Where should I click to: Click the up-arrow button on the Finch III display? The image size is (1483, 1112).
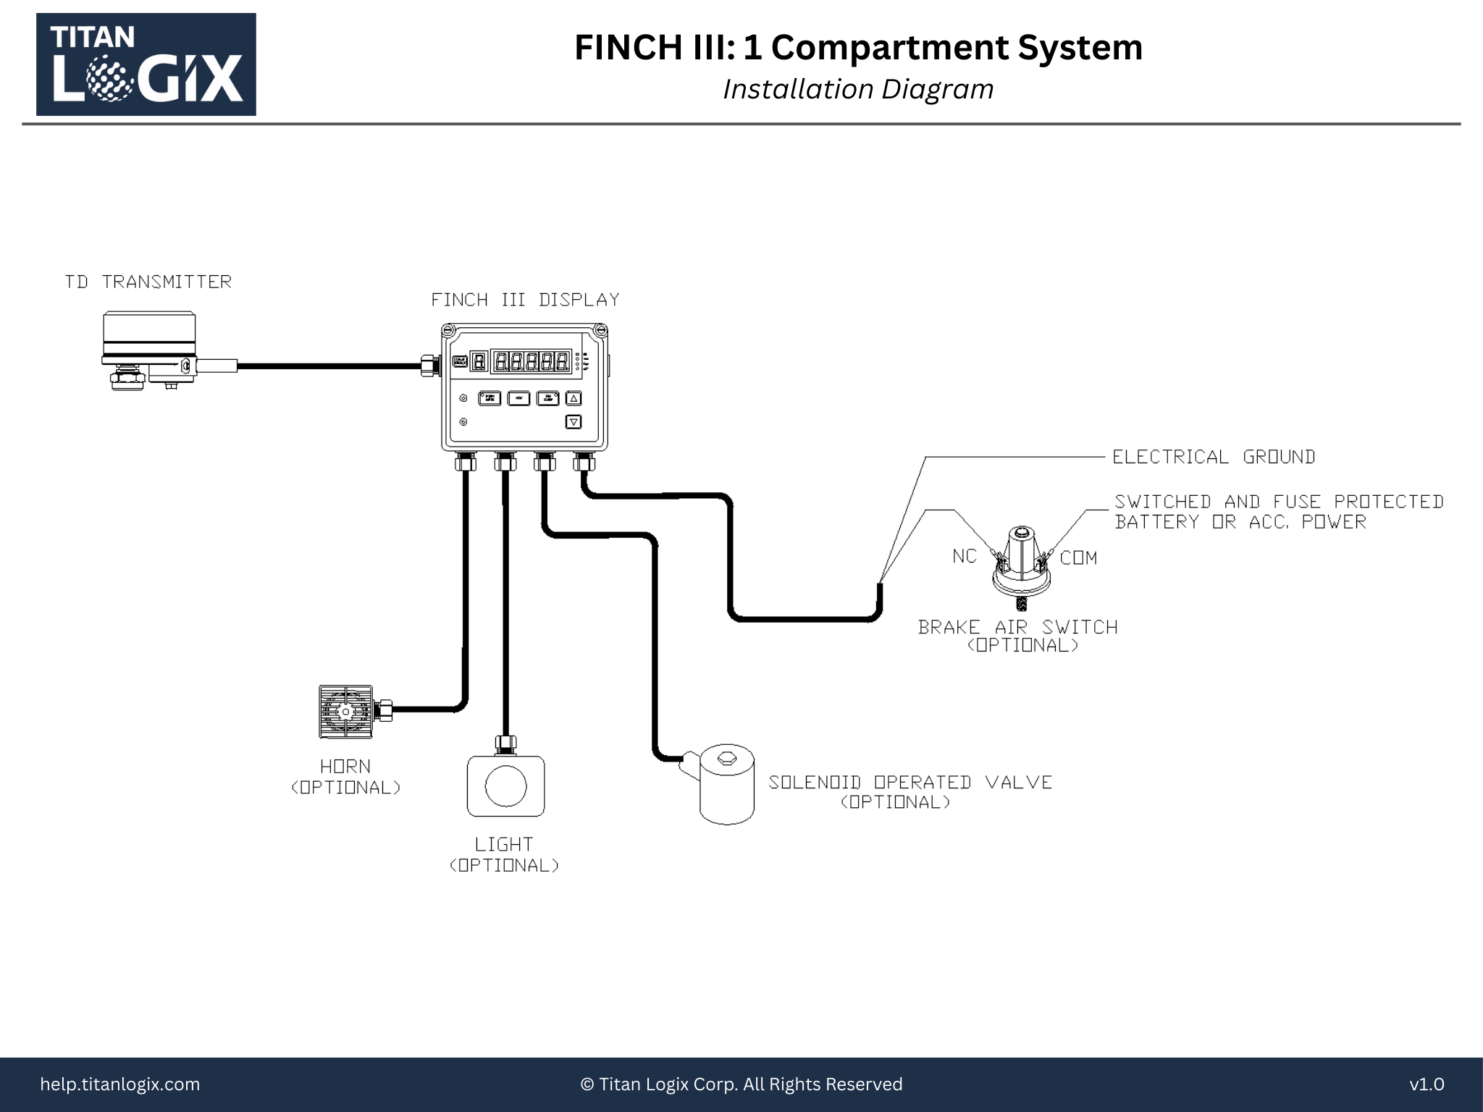point(574,398)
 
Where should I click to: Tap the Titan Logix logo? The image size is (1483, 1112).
point(146,64)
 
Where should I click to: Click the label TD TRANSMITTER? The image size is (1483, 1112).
point(148,282)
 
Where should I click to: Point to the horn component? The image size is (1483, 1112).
point(346,712)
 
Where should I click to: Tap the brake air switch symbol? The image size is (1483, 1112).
point(1021,562)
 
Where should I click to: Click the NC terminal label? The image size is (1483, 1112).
point(964,556)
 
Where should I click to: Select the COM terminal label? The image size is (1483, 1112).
point(1078,557)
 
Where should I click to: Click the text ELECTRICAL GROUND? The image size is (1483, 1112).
point(1214,457)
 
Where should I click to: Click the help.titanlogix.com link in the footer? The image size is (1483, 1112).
point(120,1084)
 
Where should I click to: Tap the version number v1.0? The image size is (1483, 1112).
point(1426,1084)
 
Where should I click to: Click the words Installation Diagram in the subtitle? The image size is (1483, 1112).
point(858,89)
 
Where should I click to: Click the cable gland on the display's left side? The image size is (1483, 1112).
point(429,366)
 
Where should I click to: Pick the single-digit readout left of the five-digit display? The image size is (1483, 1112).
point(478,361)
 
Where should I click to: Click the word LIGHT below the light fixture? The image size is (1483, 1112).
point(504,844)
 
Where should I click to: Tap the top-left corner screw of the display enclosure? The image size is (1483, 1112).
point(448,332)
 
